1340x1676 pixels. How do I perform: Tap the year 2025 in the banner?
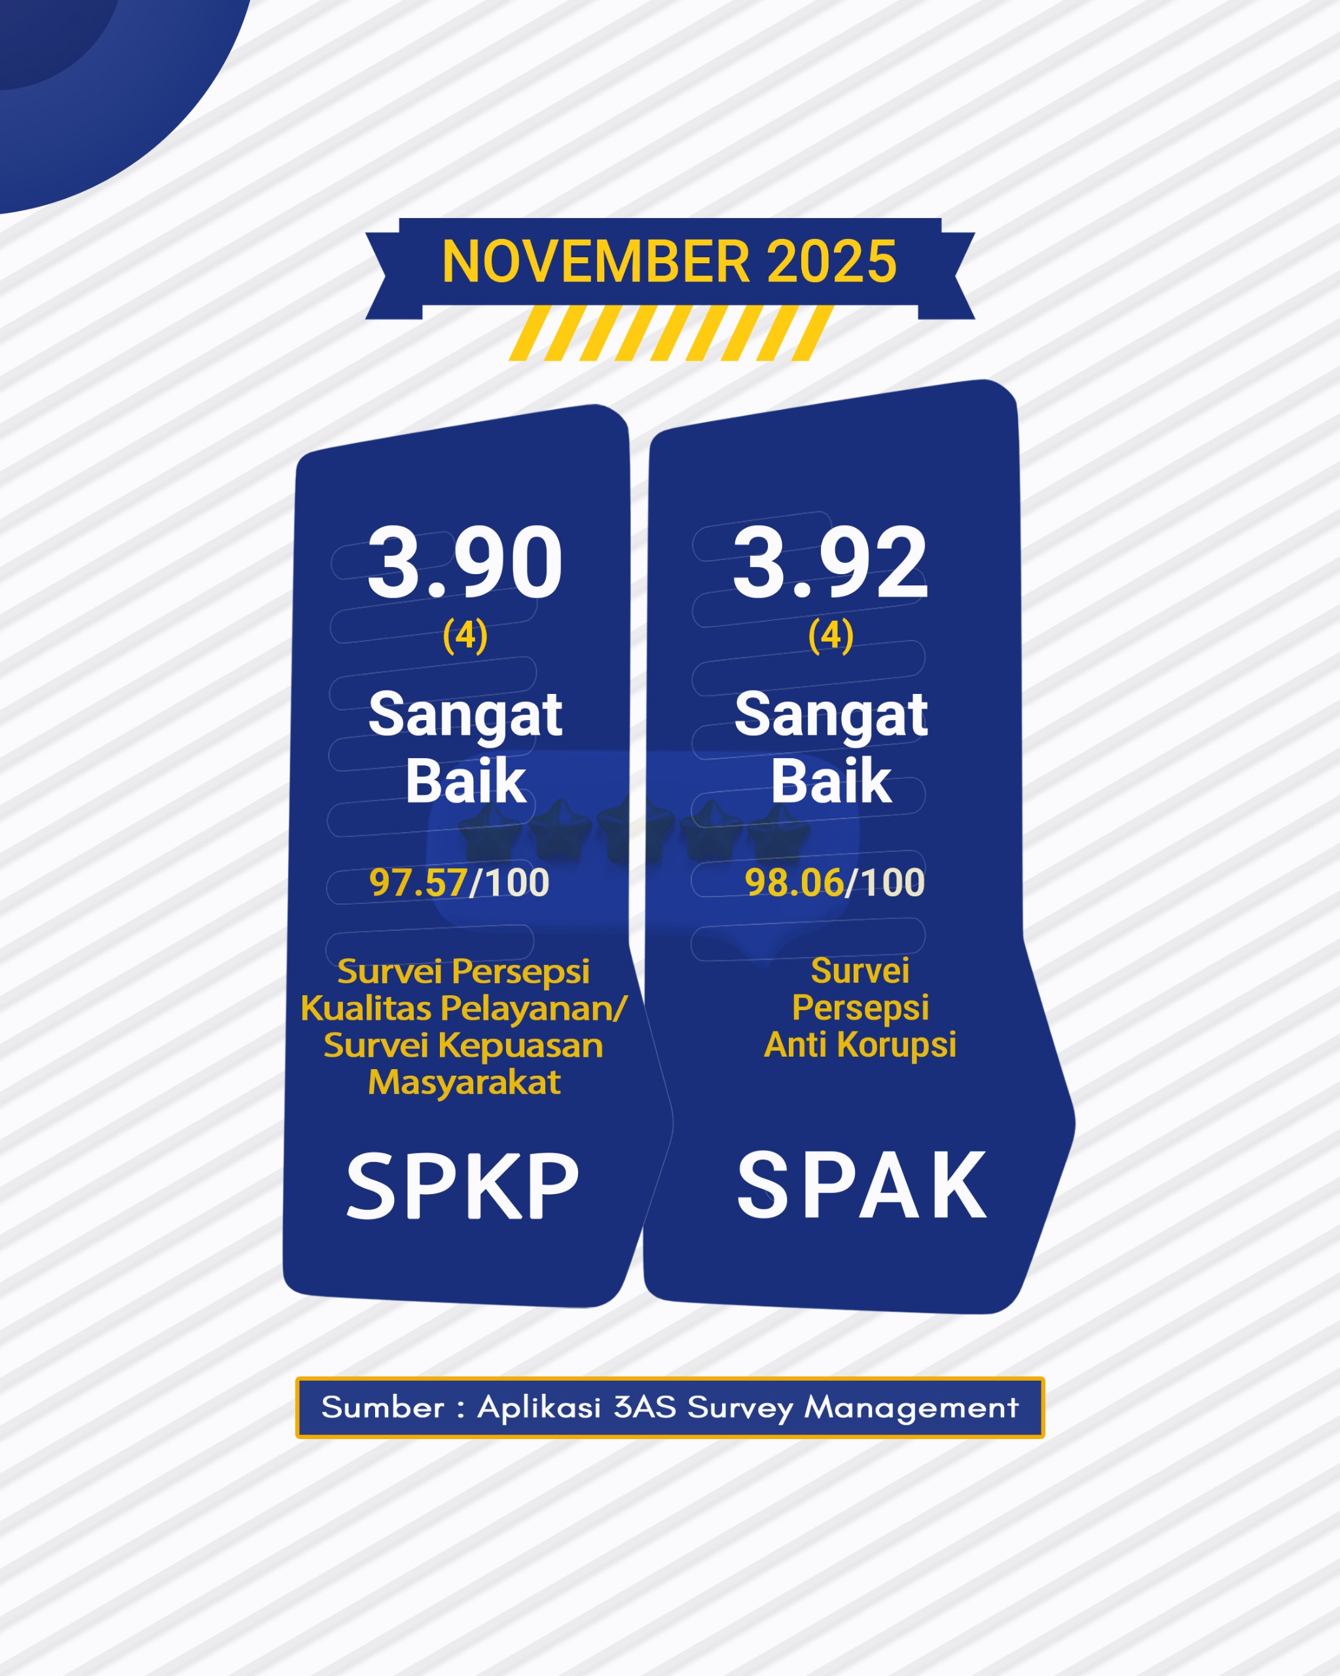pyautogui.click(x=831, y=261)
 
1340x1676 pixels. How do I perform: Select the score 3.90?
pyautogui.click(x=465, y=563)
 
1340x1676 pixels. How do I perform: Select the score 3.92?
pyautogui.click(x=830, y=563)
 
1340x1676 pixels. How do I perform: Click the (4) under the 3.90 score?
pyautogui.click(x=465, y=635)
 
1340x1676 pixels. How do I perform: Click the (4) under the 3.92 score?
pyautogui.click(x=830, y=635)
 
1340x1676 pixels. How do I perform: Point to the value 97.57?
pyautogui.click(x=418, y=883)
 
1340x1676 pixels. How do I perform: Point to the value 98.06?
pyautogui.click(x=793, y=883)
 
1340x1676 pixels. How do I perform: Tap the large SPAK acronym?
pyautogui.click(x=861, y=1186)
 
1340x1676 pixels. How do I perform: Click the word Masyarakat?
pyautogui.click(x=464, y=1082)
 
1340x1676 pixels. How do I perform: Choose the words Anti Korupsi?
pyautogui.click(x=860, y=1044)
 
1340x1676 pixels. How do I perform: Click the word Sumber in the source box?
pyautogui.click(x=382, y=1407)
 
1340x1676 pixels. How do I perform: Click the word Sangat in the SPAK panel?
pyautogui.click(x=830, y=714)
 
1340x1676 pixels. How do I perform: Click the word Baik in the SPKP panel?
pyautogui.click(x=465, y=780)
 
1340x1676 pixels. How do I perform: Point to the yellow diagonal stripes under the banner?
pyautogui.click(x=670, y=333)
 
